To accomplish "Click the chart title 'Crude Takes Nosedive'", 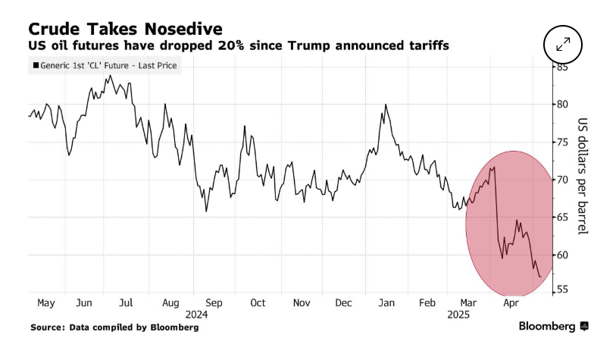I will point(125,28).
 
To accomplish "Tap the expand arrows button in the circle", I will point(563,44).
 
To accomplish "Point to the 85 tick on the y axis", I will point(562,67).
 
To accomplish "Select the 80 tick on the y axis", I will point(562,105).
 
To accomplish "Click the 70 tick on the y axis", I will point(562,180).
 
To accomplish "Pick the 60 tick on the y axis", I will point(562,255).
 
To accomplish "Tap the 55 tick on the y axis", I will point(562,290).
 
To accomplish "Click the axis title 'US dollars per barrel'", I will point(583,176).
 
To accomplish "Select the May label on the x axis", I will point(45,303).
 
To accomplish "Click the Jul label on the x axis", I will point(126,303).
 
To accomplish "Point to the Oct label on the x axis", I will point(258,303).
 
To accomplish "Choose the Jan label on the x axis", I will point(386,303).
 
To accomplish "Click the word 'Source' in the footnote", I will point(48,327).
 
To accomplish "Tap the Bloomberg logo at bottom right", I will point(553,327).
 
